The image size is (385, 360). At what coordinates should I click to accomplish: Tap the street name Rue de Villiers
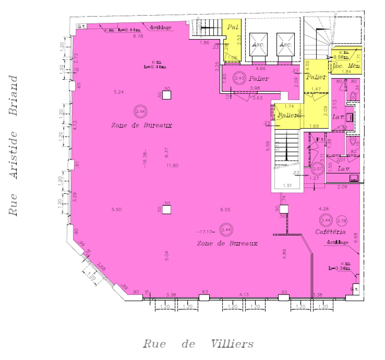198,344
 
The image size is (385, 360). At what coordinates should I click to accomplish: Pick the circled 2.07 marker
317,169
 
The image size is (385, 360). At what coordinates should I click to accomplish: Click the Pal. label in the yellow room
233,27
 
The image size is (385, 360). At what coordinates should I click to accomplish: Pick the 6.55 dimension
225,210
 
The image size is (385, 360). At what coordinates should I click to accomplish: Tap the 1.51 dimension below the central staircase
287,186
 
